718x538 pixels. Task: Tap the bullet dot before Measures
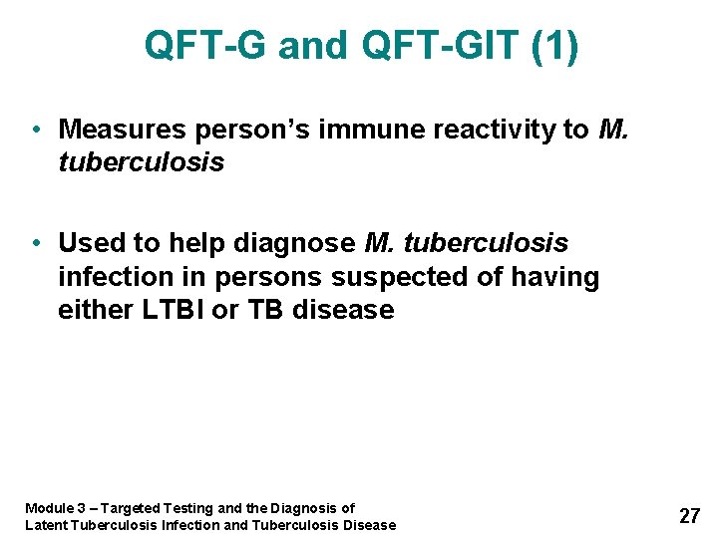point(36,130)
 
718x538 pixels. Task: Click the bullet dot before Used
point(36,243)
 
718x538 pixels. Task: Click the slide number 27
point(689,516)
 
